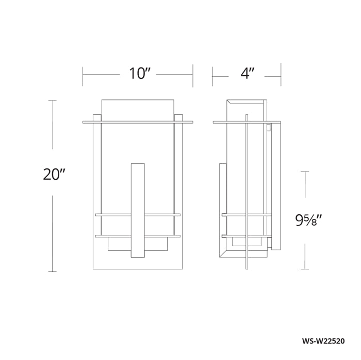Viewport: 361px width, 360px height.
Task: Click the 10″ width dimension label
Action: (x=139, y=74)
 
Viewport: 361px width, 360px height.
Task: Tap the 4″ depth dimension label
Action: (x=247, y=74)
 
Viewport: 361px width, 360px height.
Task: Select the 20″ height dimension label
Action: (x=54, y=174)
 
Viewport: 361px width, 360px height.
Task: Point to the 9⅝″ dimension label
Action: (x=308, y=220)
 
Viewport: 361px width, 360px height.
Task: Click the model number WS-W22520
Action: (x=323, y=341)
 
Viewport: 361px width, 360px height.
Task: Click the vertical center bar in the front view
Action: (x=138, y=210)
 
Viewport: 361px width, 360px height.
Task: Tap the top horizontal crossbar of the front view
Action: (x=138, y=122)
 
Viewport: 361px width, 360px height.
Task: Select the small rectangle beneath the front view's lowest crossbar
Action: (x=138, y=244)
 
